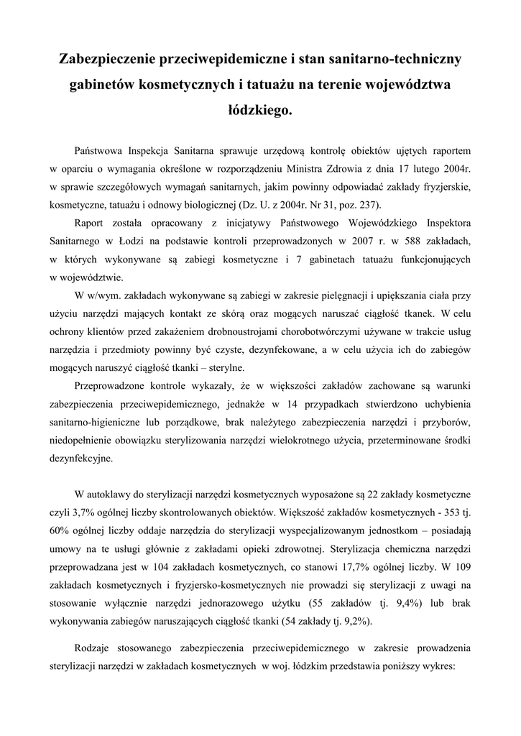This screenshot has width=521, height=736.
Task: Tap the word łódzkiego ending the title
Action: (259, 111)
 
